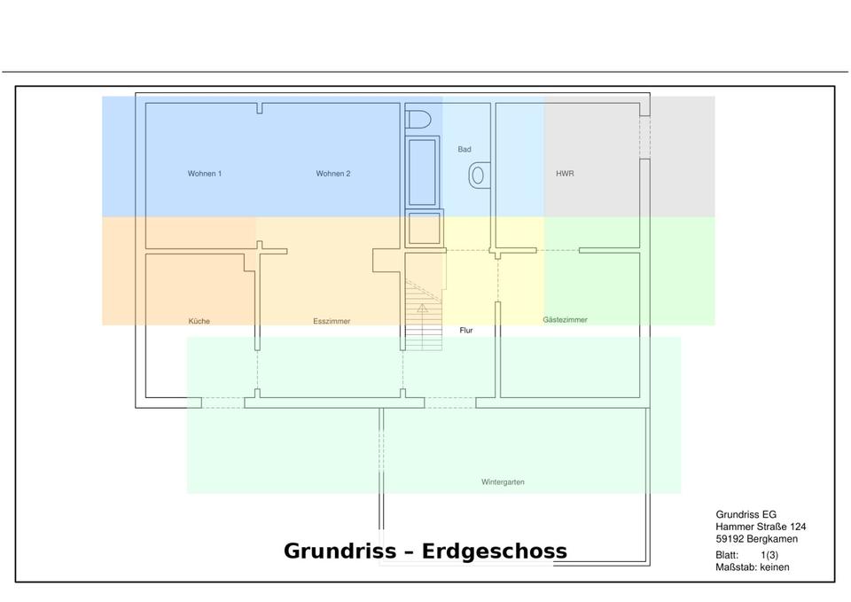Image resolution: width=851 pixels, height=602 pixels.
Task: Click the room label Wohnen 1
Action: tap(204, 174)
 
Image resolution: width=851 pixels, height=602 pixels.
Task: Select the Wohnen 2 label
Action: tap(333, 174)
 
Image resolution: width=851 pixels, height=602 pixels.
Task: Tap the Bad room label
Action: tap(465, 150)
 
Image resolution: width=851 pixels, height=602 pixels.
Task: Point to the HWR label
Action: tap(565, 174)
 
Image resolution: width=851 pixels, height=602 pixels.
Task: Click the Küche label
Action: tap(199, 321)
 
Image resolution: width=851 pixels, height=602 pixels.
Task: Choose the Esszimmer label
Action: tap(332, 321)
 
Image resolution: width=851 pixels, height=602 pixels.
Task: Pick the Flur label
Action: tap(467, 331)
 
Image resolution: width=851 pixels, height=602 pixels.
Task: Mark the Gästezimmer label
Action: tap(565, 319)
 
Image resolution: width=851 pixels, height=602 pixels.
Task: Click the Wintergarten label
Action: tap(503, 482)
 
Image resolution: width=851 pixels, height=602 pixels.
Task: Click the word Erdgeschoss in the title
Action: tap(495, 551)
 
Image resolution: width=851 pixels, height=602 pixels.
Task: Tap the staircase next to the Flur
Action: tap(423, 316)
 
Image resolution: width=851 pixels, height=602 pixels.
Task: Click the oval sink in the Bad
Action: tap(477, 175)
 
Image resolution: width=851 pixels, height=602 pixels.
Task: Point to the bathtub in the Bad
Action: tap(423, 170)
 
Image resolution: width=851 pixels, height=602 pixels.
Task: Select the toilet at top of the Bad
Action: tap(418, 118)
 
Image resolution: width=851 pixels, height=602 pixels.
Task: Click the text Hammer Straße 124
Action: tap(761, 527)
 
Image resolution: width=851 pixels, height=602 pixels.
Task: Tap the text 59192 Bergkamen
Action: tap(756, 539)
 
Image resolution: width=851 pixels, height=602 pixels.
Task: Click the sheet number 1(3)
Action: tap(769, 555)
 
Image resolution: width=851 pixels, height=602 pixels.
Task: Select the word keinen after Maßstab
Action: tap(774, 567)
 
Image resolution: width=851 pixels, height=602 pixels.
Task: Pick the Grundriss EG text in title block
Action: tap(748, 514)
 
